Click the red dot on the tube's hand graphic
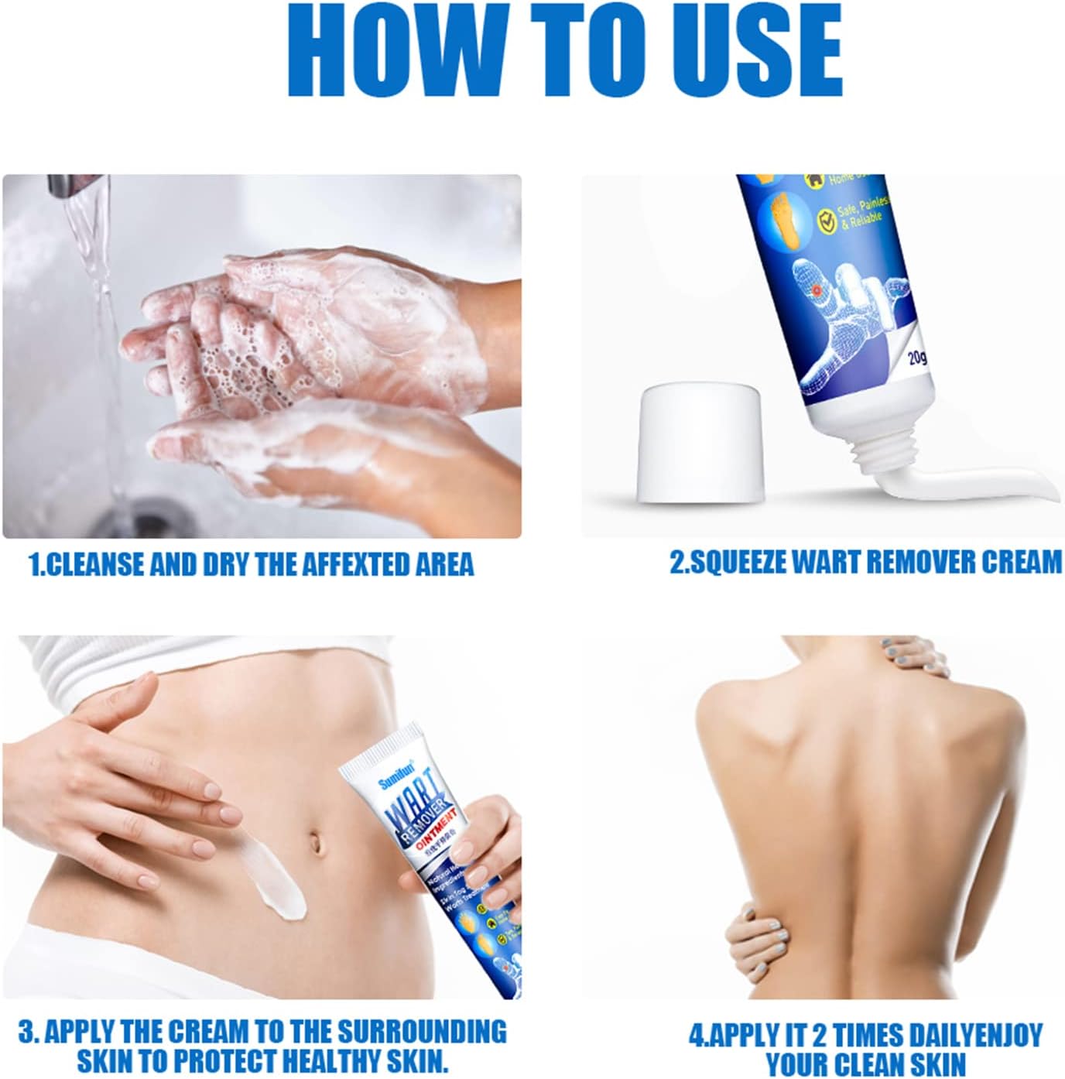click(x=817, y=289)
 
